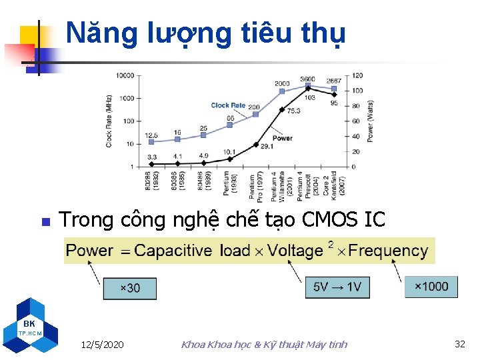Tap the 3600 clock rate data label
(x=307, y=79)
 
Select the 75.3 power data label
(x=293, y=111)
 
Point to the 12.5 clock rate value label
(x=151, y=135)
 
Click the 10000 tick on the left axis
(x=125, y=75)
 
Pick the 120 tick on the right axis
(x=357, y=75)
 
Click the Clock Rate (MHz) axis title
(x=109, y=121)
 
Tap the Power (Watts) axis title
(x=371, y=121)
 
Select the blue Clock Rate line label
(x=228, y=105)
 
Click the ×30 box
(x=130, y=288)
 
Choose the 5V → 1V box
(x=337, y=287)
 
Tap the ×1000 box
(x=431, y=286)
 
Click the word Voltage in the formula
(x=295, y=251)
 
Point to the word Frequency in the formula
(x=388, y=251)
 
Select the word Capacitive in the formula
(x=173, y=251)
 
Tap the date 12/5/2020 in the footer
(x=102, y=345)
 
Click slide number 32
(x=459, y=344)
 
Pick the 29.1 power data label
(x=266, y=146)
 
